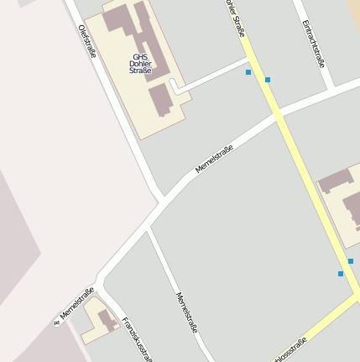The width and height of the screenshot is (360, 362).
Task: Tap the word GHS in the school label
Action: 139,58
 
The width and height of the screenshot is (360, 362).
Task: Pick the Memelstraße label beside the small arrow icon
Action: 77,303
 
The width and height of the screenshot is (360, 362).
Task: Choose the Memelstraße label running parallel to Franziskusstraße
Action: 185,312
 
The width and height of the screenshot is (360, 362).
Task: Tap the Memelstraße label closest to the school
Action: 214,159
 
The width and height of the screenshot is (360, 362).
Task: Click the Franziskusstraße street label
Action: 133,338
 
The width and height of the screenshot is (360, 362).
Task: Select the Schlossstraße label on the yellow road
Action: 290,349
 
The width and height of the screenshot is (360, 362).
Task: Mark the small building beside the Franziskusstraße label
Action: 106,319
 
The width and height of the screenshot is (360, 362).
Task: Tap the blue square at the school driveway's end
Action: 248,72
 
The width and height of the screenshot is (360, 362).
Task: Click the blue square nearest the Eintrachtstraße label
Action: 268,80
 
